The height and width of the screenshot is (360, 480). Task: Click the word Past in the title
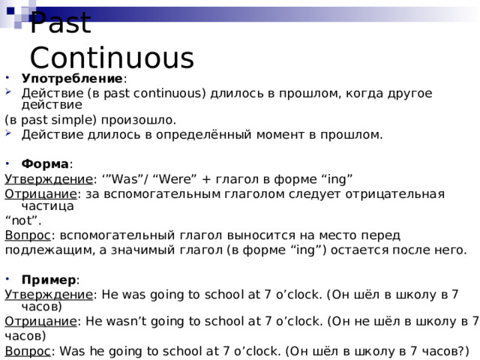(x=61, y=22)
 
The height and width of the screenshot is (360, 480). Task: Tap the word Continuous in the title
(x=111, y=58)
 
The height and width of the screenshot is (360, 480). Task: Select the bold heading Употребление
(x=72, y=79)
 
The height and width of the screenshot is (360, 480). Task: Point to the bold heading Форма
(x=45, y=163)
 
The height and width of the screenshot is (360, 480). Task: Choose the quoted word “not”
(x=22, y=220)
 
